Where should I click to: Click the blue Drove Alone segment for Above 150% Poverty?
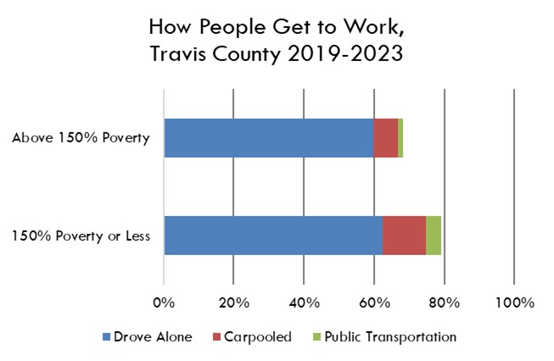268,138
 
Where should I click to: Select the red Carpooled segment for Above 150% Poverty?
385,138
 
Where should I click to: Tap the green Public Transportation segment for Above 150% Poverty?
400,138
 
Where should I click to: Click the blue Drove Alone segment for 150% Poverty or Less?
273,236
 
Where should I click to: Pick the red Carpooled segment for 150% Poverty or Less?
404,236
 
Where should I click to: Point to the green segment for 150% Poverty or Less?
434,236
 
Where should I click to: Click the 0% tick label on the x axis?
164,303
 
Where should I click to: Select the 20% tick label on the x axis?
233,303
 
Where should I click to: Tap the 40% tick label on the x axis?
304,303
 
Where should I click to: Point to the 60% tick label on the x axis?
374,303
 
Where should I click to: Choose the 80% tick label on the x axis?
445,303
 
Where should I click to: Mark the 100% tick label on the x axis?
514,303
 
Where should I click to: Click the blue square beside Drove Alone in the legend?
107,337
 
